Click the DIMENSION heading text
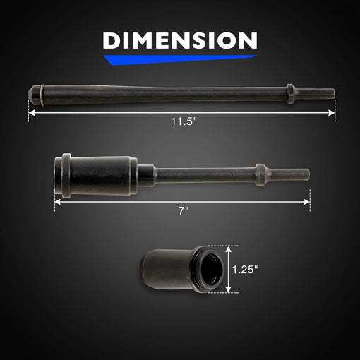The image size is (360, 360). coord(180,40)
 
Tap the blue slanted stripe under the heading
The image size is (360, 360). coord(180,59)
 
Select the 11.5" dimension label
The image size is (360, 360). coord(184,121)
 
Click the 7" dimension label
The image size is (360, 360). coord(184,210)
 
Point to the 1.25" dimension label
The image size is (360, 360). coord(245,270)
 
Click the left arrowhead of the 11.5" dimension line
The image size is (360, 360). coord(32,113)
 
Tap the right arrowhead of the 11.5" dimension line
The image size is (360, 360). coord(332,113)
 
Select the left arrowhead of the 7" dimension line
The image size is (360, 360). coord(58,202)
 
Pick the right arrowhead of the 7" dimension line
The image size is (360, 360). coord(306,202)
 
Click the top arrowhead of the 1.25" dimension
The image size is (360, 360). coord(229,249)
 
